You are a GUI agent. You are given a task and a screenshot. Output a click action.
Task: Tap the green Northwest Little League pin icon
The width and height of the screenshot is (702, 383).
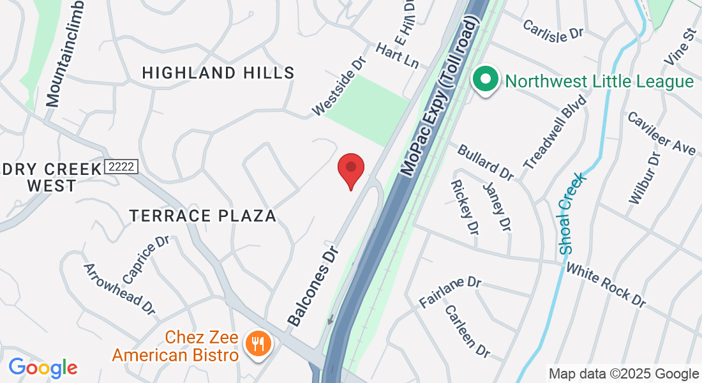pos(485,81)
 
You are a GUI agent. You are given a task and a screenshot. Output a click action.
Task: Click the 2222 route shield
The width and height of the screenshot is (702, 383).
pos(121,167)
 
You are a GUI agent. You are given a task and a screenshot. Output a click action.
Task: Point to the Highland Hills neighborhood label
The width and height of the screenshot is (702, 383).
pos(218,73)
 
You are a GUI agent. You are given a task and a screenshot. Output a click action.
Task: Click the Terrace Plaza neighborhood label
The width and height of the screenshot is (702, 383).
pos(203,216)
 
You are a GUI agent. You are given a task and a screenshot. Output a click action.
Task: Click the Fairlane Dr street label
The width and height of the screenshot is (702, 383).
pos(449,291)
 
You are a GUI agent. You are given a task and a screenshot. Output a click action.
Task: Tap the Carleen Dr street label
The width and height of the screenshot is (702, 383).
pos(467,331)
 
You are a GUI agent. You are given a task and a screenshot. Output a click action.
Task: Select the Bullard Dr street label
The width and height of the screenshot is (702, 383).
pos(485,161)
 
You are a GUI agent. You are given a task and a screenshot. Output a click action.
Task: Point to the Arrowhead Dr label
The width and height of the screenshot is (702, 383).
pos(120,289)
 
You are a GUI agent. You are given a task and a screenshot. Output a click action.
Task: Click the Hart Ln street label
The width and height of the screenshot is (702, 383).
pos(397,56)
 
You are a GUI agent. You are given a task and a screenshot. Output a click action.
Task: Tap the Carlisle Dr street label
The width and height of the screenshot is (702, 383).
pos(553,29)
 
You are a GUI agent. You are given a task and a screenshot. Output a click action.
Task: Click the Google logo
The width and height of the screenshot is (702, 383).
pos(43,368)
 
